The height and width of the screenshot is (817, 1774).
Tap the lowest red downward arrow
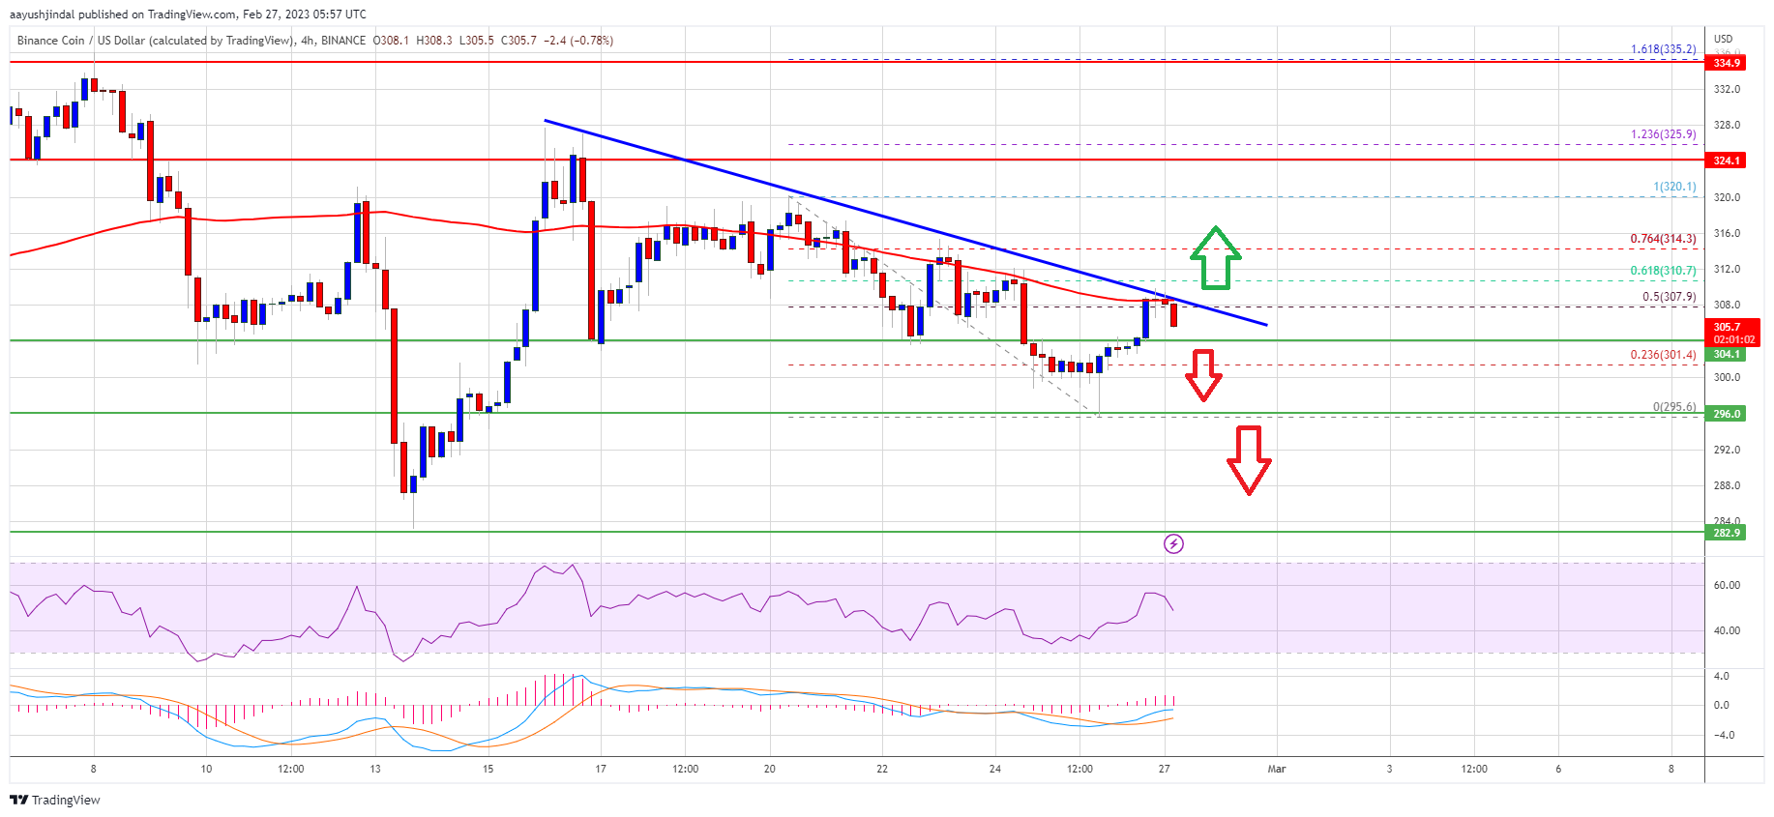[1249, 460]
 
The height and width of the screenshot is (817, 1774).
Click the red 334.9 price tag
[1727, 63]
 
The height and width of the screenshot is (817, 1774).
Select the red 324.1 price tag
[1727, 160]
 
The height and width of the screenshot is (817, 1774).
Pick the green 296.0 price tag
[1727, 414]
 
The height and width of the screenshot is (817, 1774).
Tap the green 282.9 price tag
[1727, 533]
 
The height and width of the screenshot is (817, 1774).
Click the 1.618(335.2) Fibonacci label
[1663, 49]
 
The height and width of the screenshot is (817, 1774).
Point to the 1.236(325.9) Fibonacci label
[1663, 134]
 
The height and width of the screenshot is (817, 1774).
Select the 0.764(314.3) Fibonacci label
[1663, 239]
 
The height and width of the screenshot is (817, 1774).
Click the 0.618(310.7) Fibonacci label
[1663, 271]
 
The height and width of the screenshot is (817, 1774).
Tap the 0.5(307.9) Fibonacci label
[1669, 297]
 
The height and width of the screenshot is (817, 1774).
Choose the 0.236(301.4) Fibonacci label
[1663, 355]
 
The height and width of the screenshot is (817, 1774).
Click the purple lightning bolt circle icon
[1173, 543]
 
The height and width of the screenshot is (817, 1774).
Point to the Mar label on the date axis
[1277, 770]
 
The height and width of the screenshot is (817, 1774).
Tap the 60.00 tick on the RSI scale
[1727, 585]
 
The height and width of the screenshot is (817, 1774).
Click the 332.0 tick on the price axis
[1727, 89]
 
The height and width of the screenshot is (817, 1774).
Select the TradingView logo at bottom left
[55, 800]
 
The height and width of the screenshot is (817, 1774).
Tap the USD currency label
[1723, 40]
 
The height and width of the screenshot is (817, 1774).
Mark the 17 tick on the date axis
[601, 770]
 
